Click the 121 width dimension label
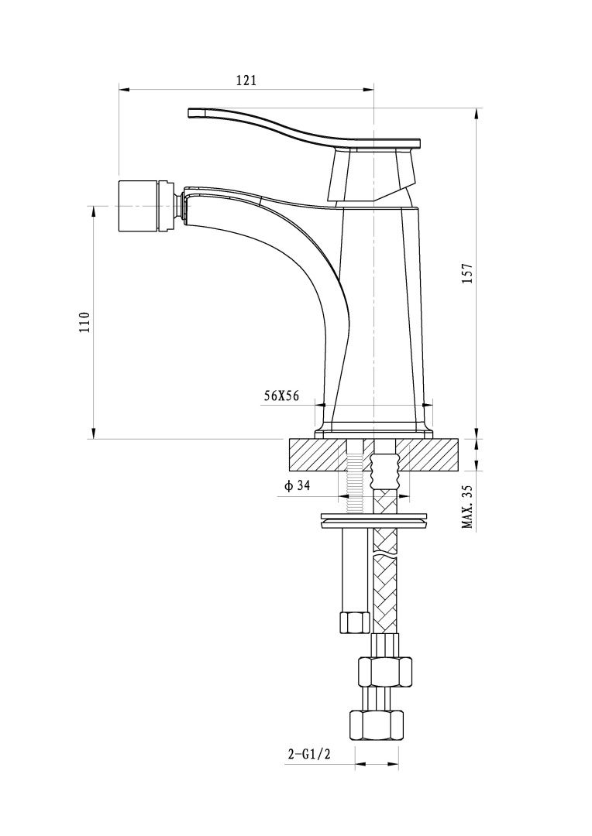pyautogui.click(x=246, y=80)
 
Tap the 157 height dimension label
pyautogui.click(x=467, y=273)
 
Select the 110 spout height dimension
pyautogui.click(x=85, y=321)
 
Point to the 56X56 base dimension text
pyautogui.click(x=281, y=395)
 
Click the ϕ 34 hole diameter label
pyautogui.click(x=298, y=486)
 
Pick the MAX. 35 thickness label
pyautogui.click(x=467, y=507)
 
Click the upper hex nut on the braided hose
pyautogui.click(x=384, y=670)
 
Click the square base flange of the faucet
pyautogui.click(x=373, y=429)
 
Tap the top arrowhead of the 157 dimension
pyautogui.click(x=476, y=111)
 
